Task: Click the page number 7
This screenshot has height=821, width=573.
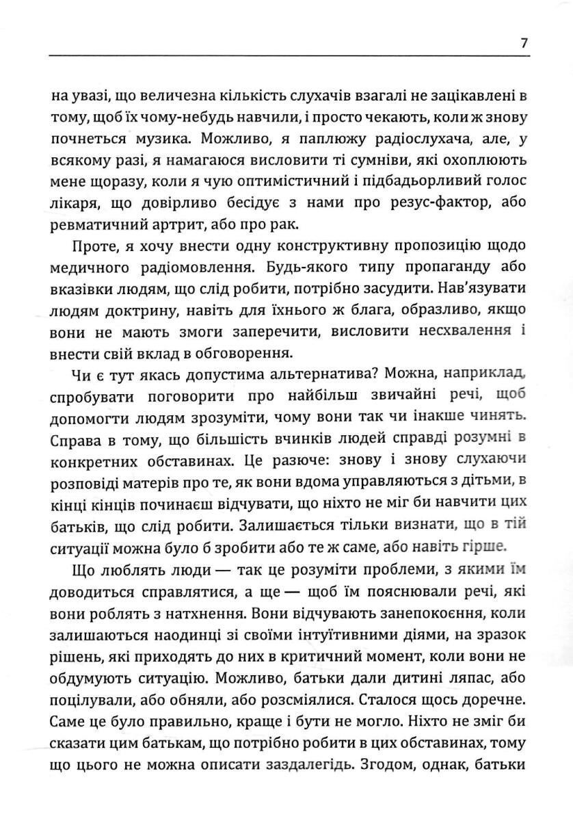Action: tap(523, 43)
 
